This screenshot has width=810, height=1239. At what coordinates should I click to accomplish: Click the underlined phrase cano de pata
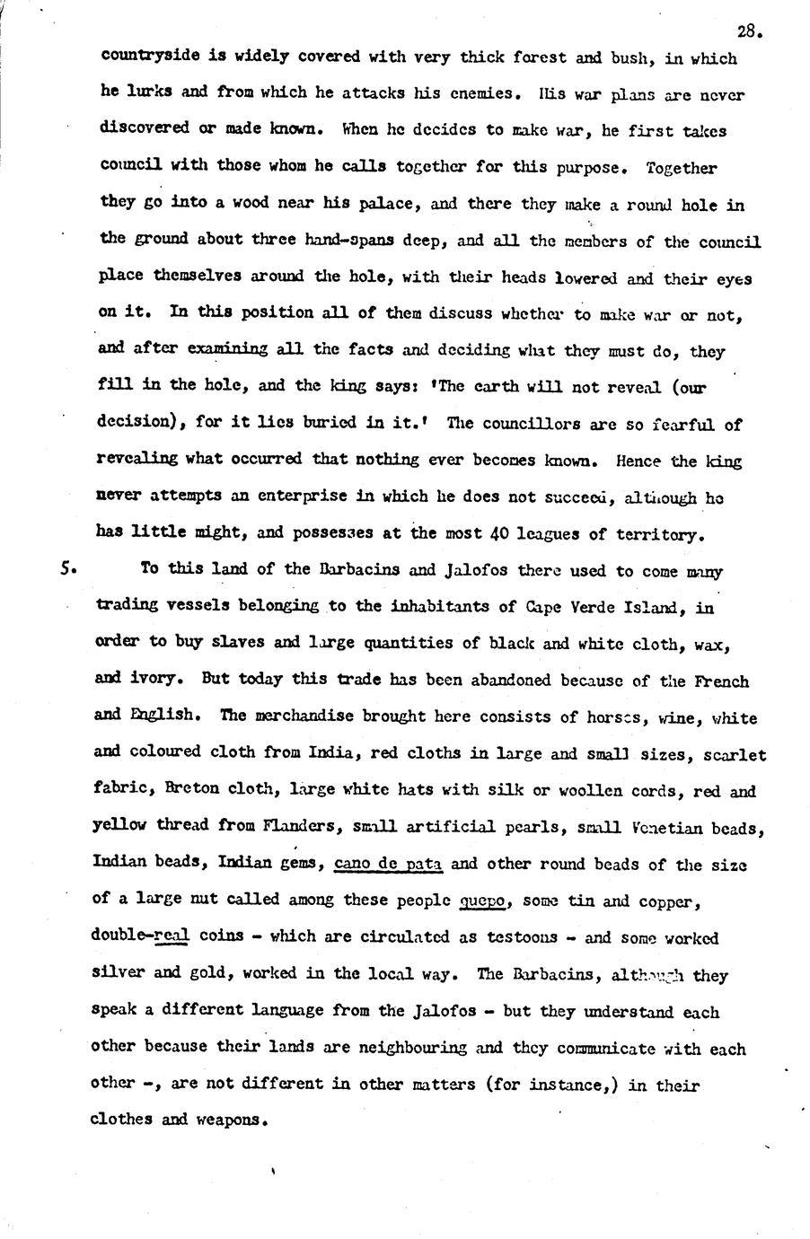pyautogui.click(x=387, y=864)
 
